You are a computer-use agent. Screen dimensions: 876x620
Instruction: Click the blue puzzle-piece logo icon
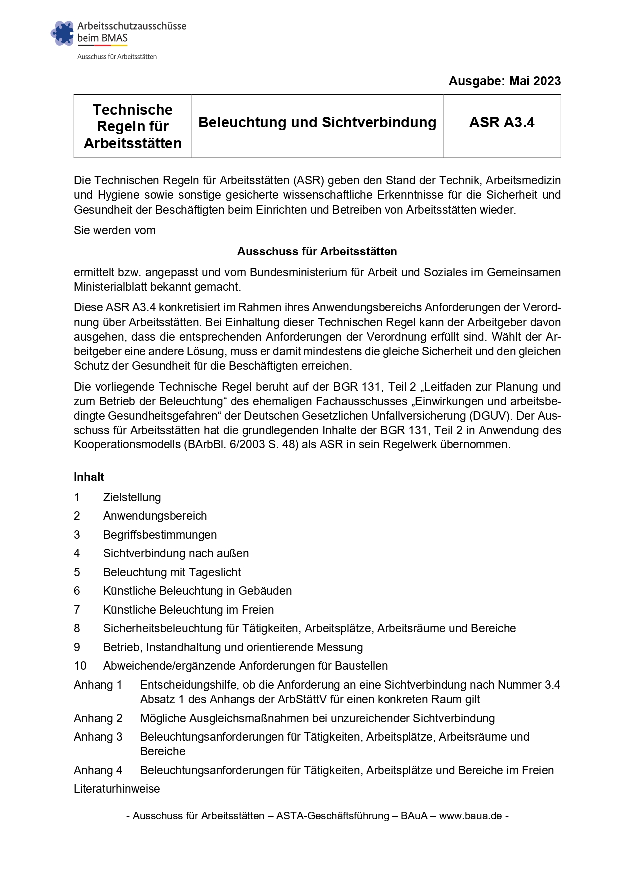[x=62, y=33]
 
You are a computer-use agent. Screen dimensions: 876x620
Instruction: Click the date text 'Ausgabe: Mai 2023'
[x=504, y=81]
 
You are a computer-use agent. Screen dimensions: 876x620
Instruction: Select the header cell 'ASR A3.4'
[x=501, y=123]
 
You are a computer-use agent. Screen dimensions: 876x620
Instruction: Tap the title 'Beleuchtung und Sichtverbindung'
[x=317, y=123]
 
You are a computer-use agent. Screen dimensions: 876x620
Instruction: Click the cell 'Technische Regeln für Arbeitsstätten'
[x=133, y=127]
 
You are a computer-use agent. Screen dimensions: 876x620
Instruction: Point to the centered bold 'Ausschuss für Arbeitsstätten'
[x=317, y=252]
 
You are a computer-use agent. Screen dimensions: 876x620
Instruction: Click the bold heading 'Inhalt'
[x=89, y=477]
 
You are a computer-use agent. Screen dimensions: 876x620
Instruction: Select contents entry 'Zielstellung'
[x=132, y=498]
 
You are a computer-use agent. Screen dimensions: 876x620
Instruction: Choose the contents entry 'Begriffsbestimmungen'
[x=160, y=535]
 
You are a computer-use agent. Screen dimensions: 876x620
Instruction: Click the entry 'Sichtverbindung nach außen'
[x=176, y=554]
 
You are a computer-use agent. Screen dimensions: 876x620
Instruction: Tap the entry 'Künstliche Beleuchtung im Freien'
[x=188, y=610]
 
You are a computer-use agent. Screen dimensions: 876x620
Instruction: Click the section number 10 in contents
[x=80, y=666]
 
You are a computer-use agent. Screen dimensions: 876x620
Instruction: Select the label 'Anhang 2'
[x=98, y=719]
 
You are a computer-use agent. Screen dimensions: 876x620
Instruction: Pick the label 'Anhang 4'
[x=98, y=771]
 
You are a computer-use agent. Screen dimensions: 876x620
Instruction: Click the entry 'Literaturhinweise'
[x=117, y=789]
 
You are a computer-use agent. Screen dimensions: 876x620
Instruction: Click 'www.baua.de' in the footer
[x=470, y=816]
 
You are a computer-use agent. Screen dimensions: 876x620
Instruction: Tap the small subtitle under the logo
[x=117, y=57]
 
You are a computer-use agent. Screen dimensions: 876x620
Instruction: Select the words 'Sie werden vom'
[x=114, y=231]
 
